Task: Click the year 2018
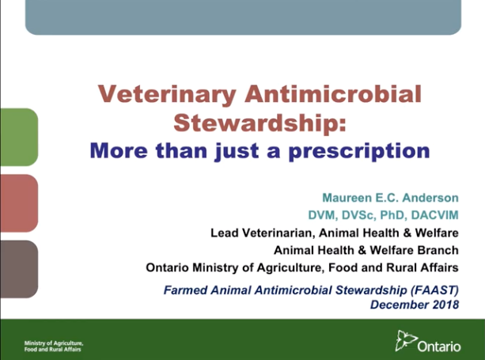[445, 304]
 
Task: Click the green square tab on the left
[18, 137]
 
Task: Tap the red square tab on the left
[18, 203]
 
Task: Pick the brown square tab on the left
[18, 269]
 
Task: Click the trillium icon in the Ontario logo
[406, 340]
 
